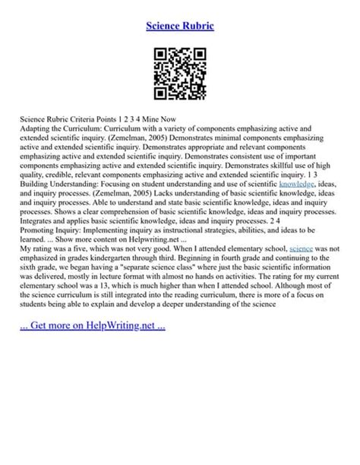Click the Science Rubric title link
tap(180, 26)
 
